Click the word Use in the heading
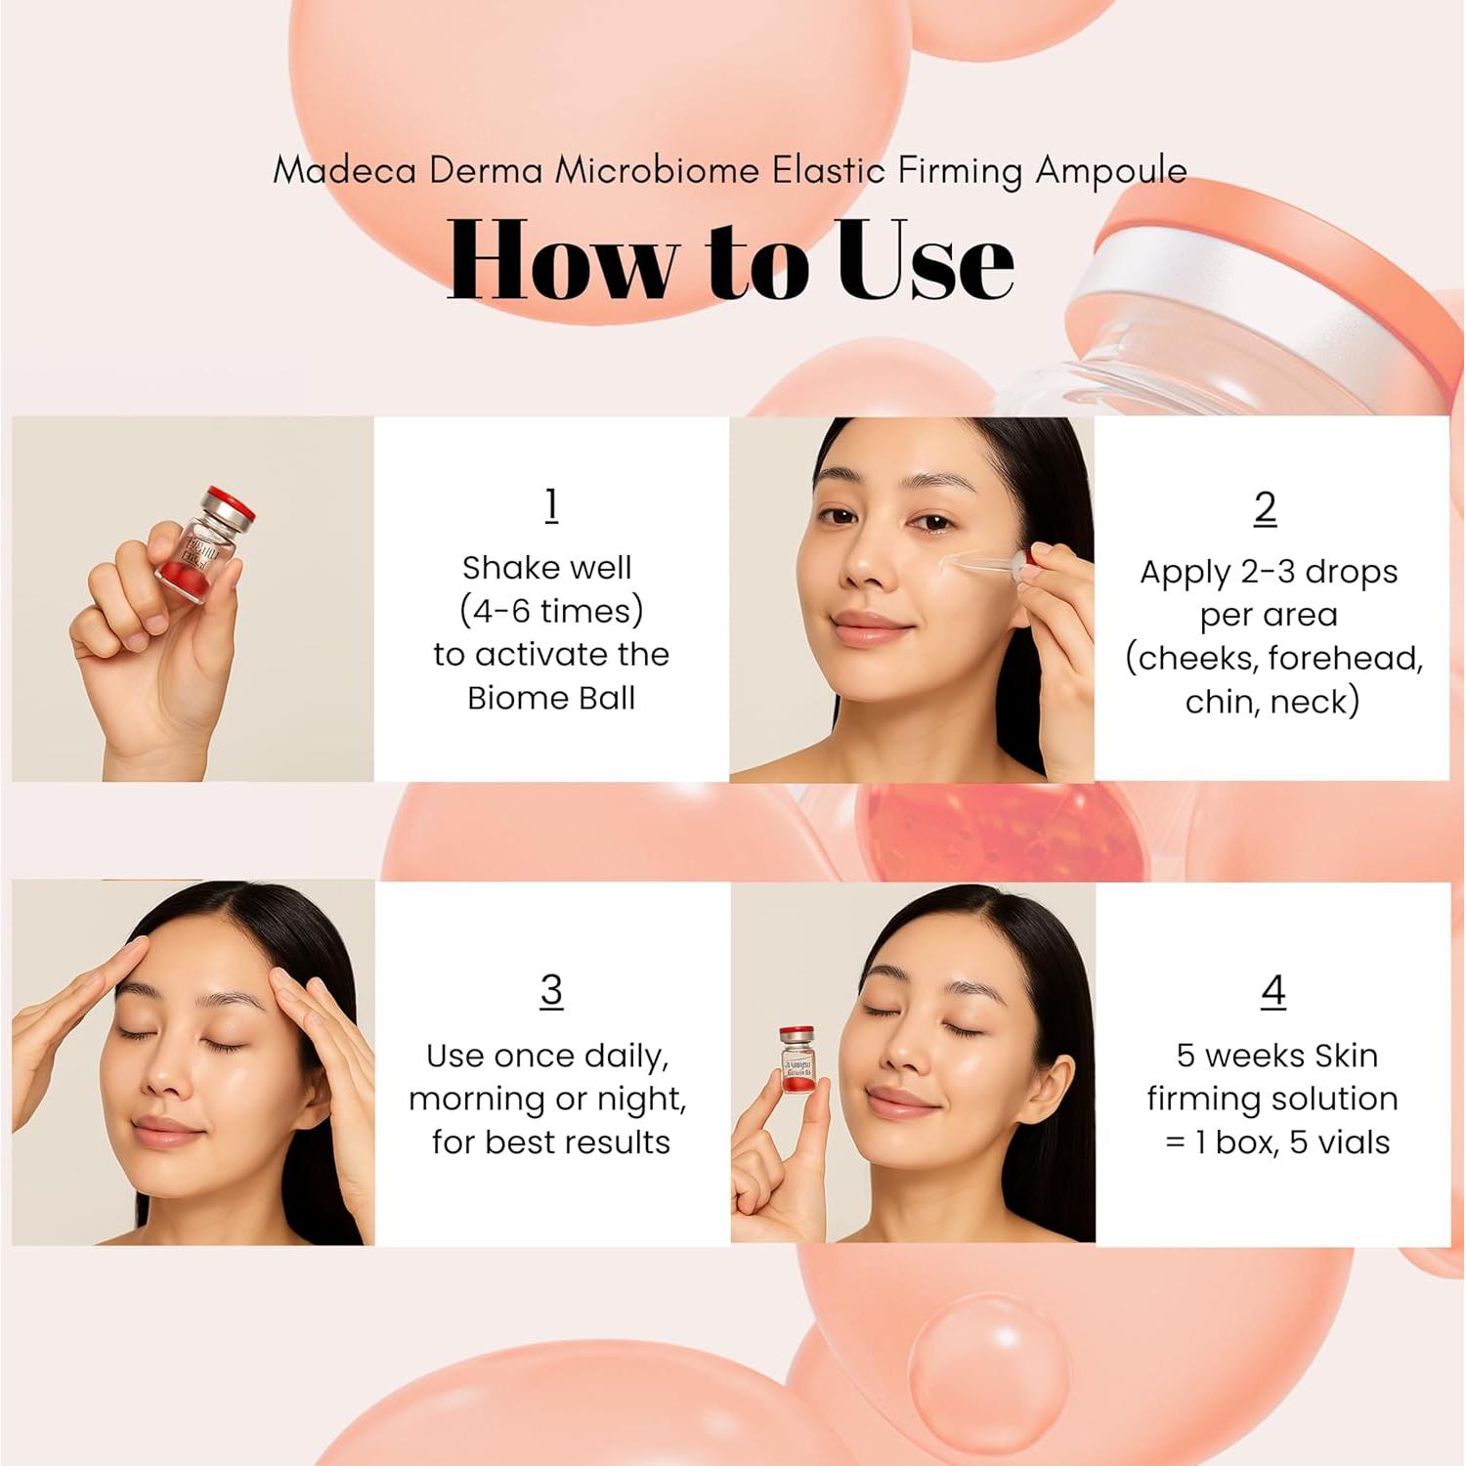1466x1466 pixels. click(925, 260)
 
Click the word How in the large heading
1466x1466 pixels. click(562, 260)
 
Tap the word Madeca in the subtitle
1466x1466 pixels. click(344, 170)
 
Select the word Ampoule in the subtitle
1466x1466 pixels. click(1111, 171)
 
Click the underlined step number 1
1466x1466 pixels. click(551, 504)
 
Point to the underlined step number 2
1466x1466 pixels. click(1265, 507)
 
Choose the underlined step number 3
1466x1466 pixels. click(551, 989)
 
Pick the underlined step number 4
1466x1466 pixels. click(1272, 990)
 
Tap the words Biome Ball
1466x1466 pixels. click(551, 698)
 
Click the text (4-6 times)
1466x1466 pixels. click(551, 611)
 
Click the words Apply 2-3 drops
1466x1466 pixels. click(1269, 572)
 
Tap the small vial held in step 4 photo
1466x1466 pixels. click(798, 1061)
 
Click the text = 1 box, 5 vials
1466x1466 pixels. click(1276, 1142)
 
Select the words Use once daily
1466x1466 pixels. click(547, 1056)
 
